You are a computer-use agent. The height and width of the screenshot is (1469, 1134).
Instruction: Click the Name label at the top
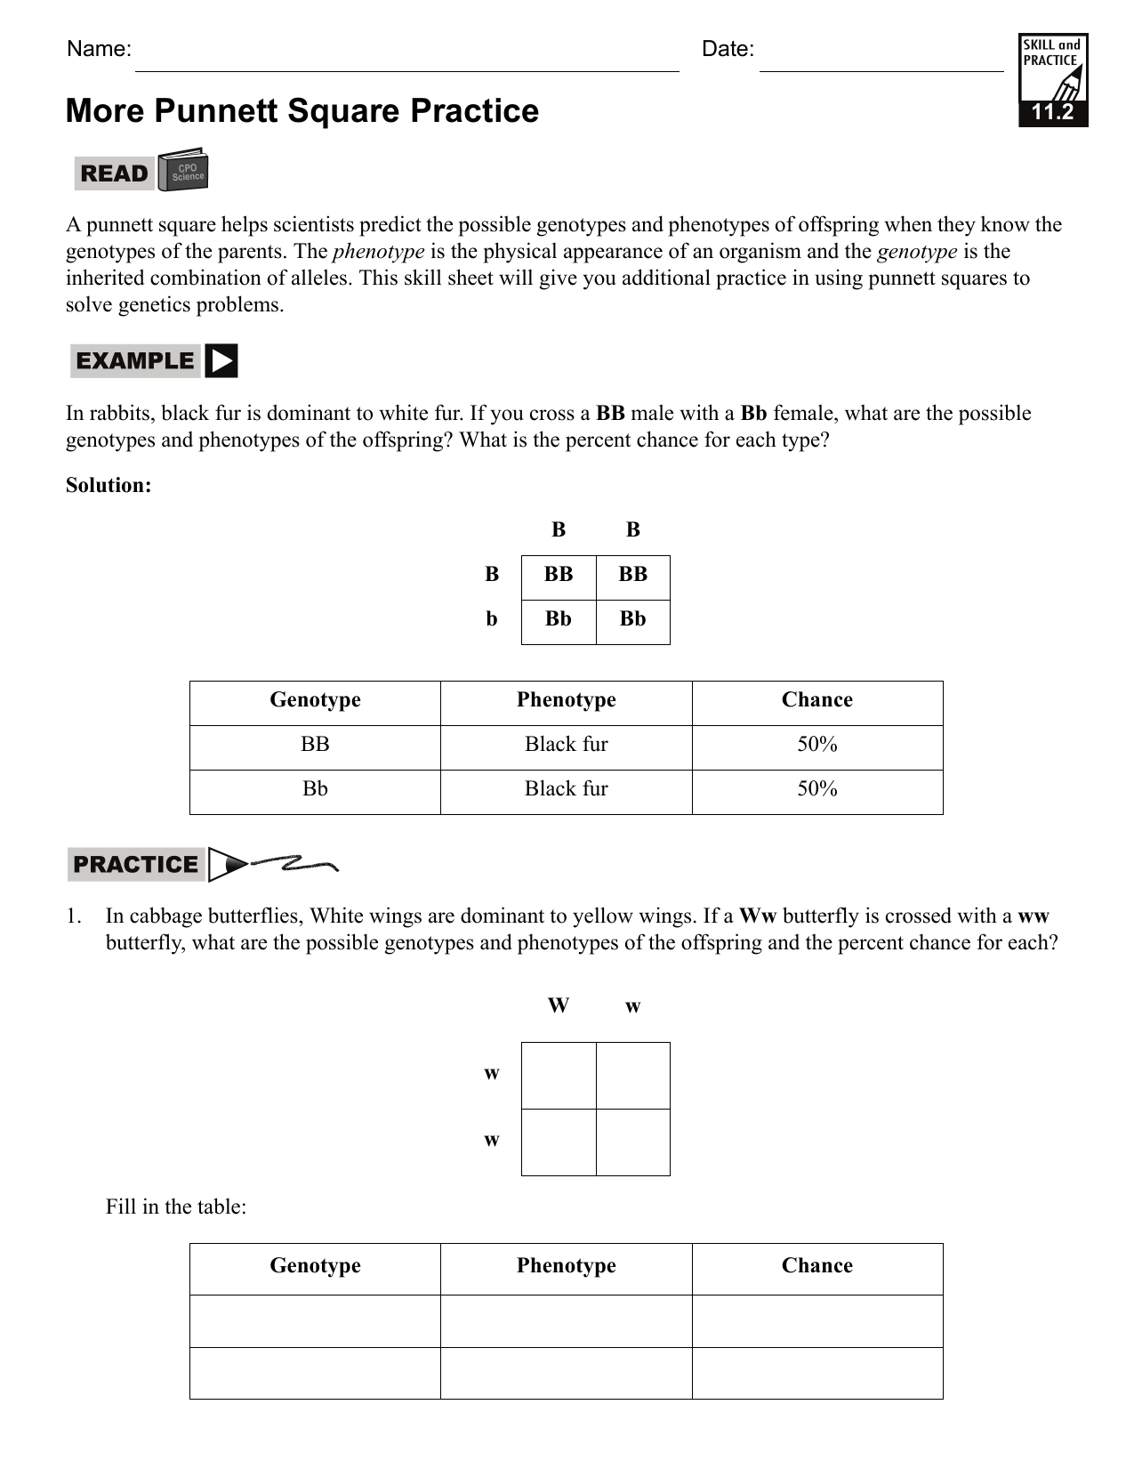pyautogui.click(x=99, y=49)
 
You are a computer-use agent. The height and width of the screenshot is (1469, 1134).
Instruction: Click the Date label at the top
pyautogui.click(x=727, y=49)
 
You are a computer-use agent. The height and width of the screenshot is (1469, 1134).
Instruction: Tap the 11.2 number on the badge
pyautogui.click(x=1052, y=113)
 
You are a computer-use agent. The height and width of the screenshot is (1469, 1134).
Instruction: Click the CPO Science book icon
pyautogui.click(x=184, y=170)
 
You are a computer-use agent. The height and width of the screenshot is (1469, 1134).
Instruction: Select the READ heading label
pyautogui.click(x=114, y=174)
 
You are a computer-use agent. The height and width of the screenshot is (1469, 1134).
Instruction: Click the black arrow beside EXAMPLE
pyautogui.click(x=221, y=361)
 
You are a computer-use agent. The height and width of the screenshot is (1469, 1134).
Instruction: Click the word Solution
pyautogui.click(x=109, y=485)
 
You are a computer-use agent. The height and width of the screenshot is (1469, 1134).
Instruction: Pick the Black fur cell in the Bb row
pyautogui.click(x=566, y=789)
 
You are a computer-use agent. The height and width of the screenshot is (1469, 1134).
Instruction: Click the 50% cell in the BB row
pyautogui.click(x=816, y=745)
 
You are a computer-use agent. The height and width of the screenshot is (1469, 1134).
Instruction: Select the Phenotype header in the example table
pyautogui.click(x=566, y=700)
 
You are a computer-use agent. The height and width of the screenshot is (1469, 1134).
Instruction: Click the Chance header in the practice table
pyautogui.click(x=816, y=1266)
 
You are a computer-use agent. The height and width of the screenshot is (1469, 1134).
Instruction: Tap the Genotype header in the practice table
pyautogui.click(x=315, y=1266)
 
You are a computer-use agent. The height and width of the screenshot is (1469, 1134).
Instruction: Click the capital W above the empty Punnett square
pyautogui.click(x=558, y=1005)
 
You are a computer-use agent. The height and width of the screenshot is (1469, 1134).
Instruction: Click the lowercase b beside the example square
pyautogui.click(x=491, y=619)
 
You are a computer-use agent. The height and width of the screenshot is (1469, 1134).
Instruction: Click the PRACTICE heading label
pyautogui.click(x=135, y=865)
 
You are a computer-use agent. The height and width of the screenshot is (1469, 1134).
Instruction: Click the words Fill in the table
pyautogui.click(x=175, y=1207)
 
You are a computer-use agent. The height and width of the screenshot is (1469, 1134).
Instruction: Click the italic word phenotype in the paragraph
pyautogui.click(x=378, y=252)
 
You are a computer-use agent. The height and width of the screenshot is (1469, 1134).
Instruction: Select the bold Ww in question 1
pyautogui.click(x=758, y=916)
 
